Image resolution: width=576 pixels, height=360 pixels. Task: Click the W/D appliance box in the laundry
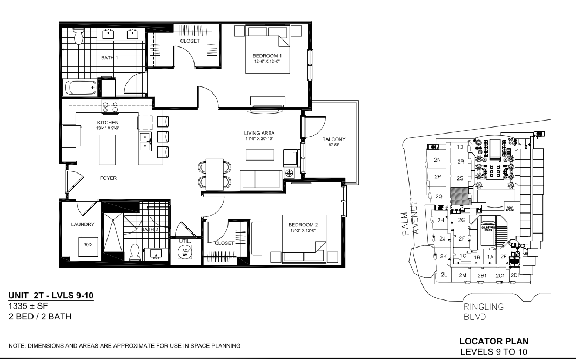click(87, 245)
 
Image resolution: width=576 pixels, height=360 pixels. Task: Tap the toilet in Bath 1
click(78, 36)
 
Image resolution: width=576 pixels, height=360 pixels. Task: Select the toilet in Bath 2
click(135, 252)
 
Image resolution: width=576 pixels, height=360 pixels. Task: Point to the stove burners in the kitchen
click(110, 107)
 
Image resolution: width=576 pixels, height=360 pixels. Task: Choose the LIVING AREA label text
click(260, 133)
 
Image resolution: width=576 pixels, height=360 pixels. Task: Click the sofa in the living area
click(260, 178)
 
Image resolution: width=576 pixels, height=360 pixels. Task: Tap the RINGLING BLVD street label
click(484, 312)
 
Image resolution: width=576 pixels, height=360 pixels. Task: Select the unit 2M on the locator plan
click(463, 275)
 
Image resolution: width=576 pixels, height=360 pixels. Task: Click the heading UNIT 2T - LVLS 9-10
click(51, 296)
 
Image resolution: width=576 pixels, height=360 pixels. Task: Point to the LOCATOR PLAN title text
click(493, 341)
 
